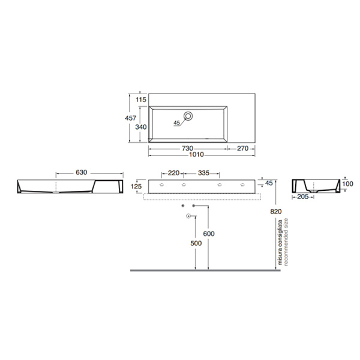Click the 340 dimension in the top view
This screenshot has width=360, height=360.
(x=142, y=127)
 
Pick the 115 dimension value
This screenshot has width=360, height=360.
(x=142, y=99)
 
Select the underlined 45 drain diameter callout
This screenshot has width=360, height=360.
(x=176, y=123)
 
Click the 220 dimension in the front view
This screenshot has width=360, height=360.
(x=174, y=173)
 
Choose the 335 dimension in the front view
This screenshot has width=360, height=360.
(x=203, y=173)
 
